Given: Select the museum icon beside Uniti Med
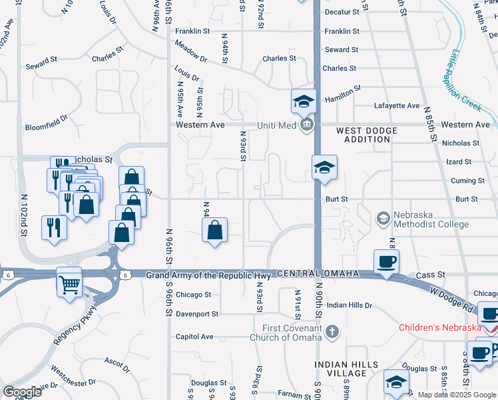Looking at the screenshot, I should [x=306, y=125].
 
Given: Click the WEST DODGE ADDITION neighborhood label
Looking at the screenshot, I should [x=363, y=135].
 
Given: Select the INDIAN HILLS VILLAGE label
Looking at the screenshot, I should [x=347, y=369].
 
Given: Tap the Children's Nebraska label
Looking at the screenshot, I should [x=439, y=327].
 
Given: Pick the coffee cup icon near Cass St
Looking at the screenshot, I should [x=386, y=261].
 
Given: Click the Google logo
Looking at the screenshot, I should [x=22, y=392].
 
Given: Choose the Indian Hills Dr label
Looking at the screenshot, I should [x=350, y=305].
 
